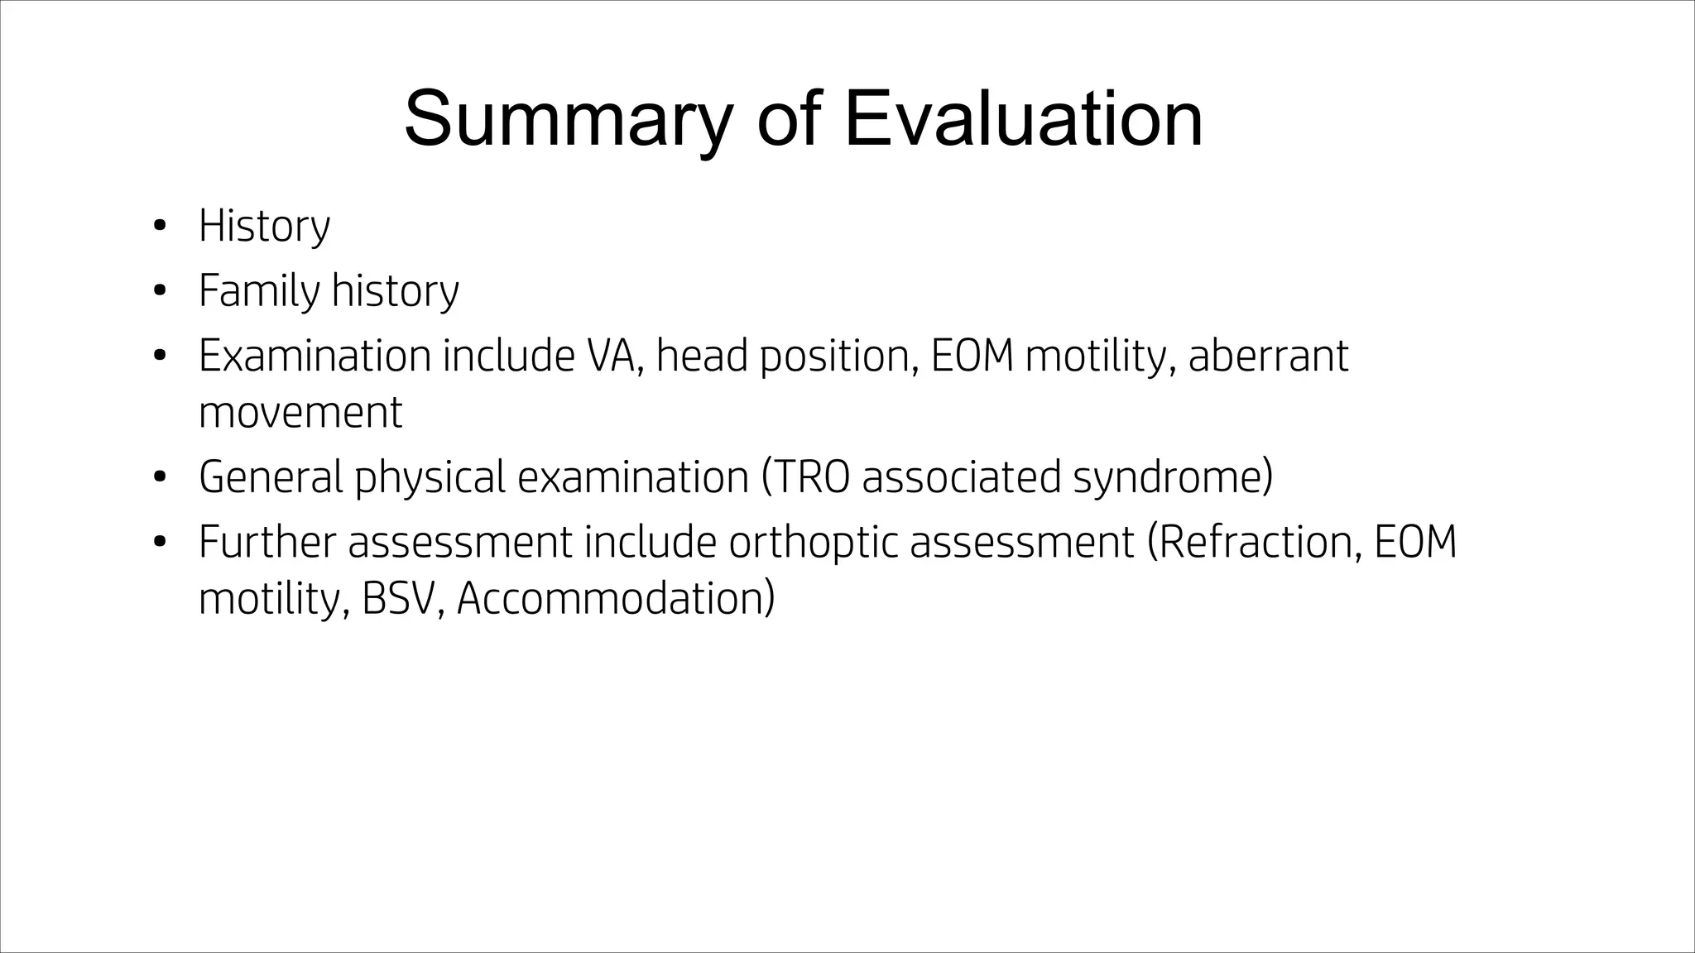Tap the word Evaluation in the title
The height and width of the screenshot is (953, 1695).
(x=1023, y=120)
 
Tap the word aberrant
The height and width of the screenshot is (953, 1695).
(x=1268, y=356)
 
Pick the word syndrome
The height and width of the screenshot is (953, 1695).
(x=1170, y=477)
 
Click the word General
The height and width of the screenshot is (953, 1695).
(x=271, y=477)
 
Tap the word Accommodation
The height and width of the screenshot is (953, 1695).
(x=613, y=599)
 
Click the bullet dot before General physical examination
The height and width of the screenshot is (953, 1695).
(x=160, y=477)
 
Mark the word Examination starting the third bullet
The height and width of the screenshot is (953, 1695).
(x=315, y=356)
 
